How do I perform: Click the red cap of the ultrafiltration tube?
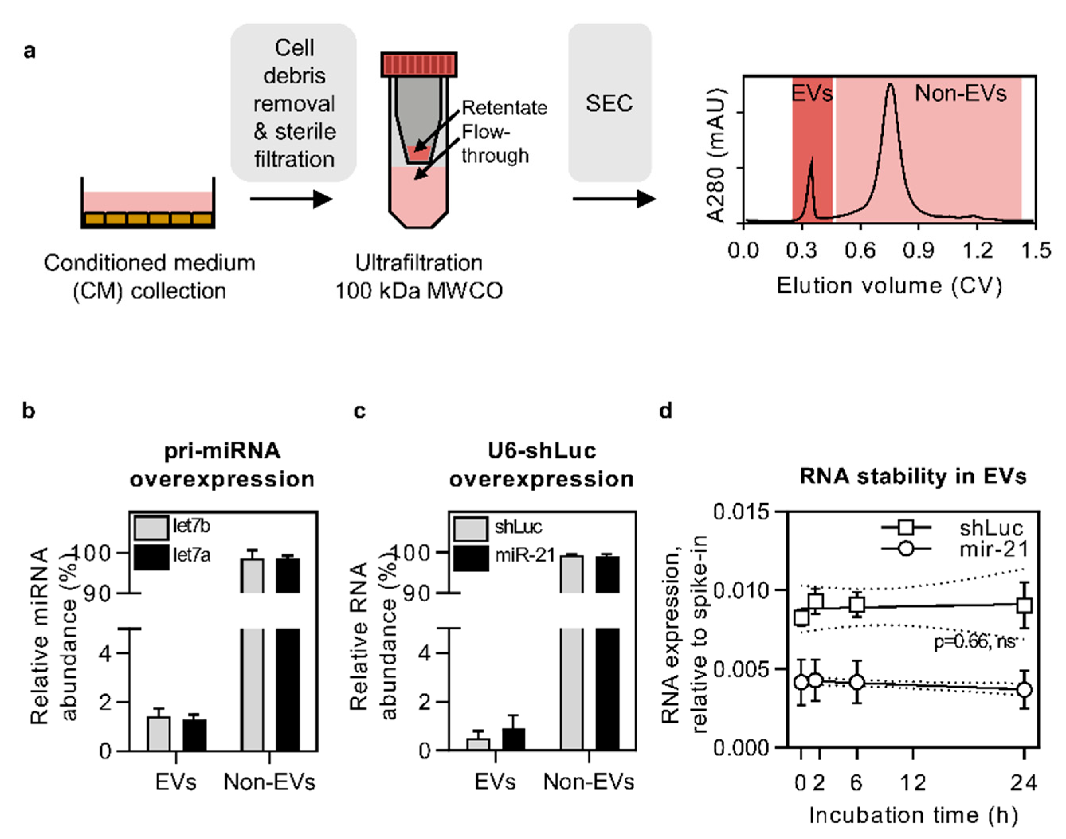(x=418, y=64)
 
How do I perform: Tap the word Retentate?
(x=504, y=108)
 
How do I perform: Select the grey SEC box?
(x=609, y=103)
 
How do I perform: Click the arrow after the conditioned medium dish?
(x=291, y=199)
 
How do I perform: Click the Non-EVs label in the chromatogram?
(x=960, y=93)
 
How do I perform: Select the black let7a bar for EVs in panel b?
(x=194, y=735)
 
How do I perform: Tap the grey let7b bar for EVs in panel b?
(x=159, y=733)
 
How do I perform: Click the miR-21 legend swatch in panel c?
(x=470, y=558)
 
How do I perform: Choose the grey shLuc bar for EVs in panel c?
(x=478, y=744)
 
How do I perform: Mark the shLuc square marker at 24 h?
(x=1024, y=605)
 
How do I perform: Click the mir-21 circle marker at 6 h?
(x=857, y=682)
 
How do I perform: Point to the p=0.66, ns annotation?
(x=974, y=642)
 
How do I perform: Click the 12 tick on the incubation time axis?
(x=913, y=782)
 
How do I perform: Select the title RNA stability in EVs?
(x=913, y=476)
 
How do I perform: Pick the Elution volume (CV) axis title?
(x=889, y=286)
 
